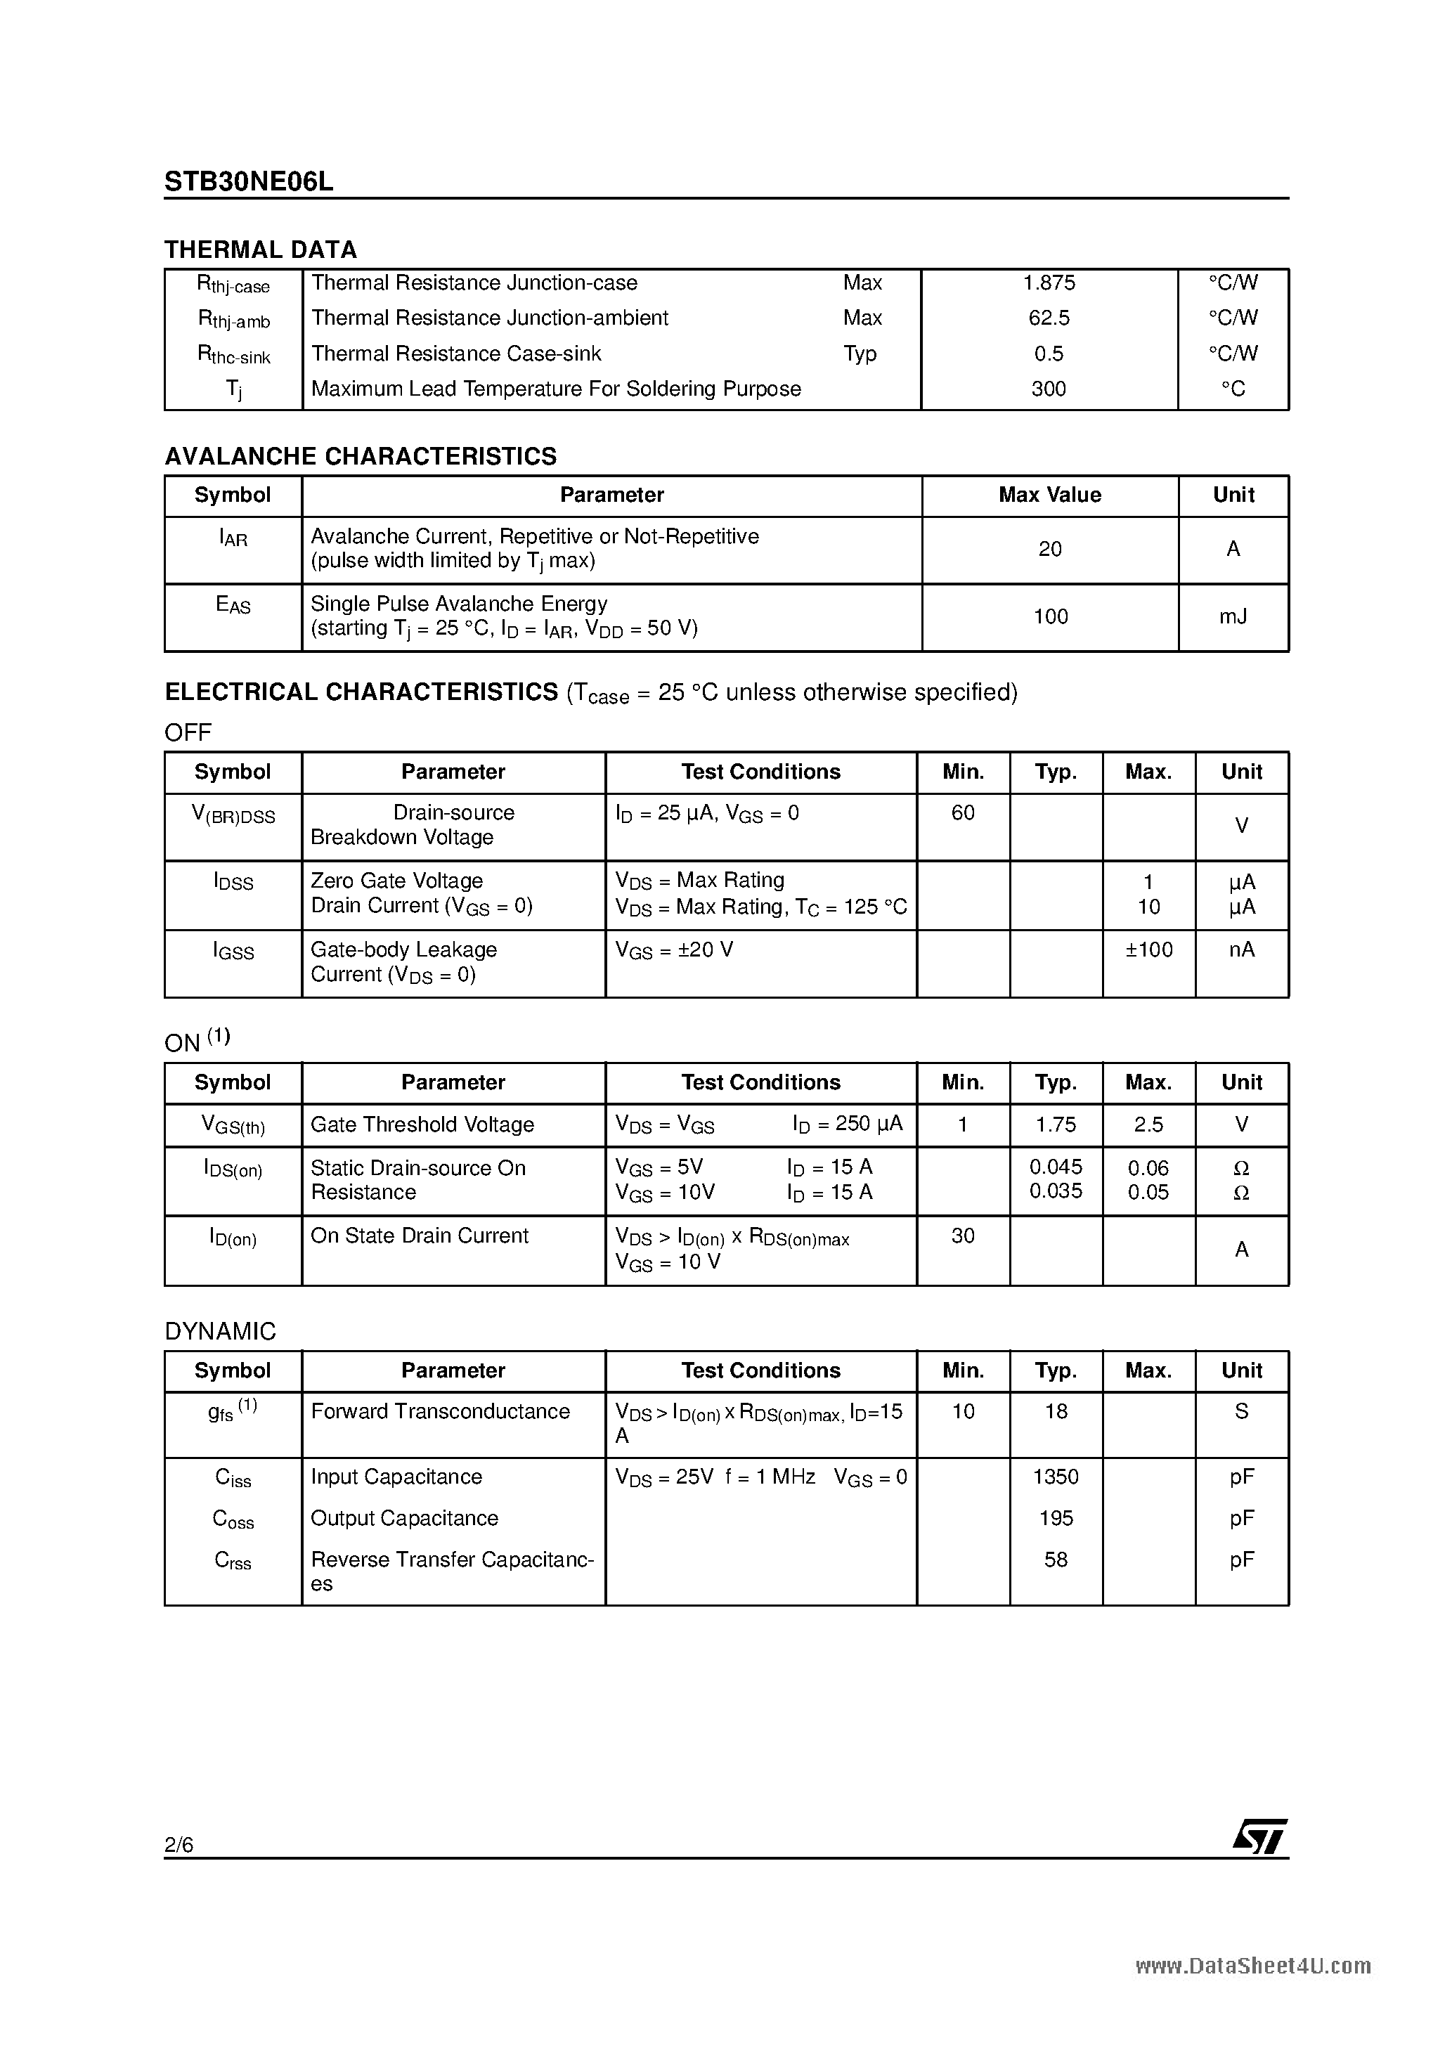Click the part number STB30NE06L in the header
click(249, 182)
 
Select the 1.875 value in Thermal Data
click(1049, 283)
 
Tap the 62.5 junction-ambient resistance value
click(1049, 318)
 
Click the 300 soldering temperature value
click(1049, 389)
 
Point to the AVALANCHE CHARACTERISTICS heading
click(360, 456)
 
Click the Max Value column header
click(1049, 495)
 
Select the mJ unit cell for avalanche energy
click(1233, 616)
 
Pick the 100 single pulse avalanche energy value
click(1050, 616)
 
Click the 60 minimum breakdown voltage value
click(962, 812)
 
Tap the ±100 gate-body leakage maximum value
click(1148, 949)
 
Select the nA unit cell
click(1240, 949)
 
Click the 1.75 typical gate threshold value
click(1056, 1124)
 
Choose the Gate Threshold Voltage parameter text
click(422, 1124)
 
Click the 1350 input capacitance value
click(1056, 1477)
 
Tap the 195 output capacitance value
click(1056, 1518)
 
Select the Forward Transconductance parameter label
click(439, 1411)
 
